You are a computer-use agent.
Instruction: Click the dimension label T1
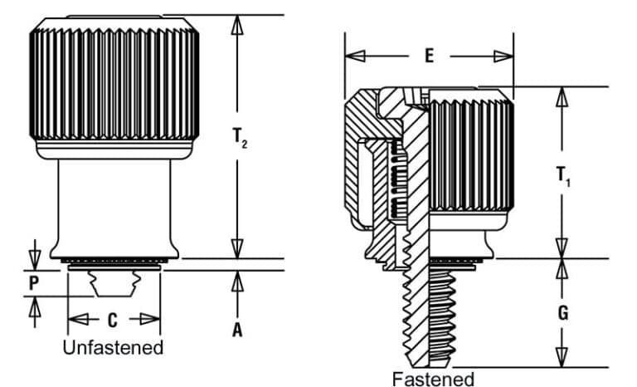[x=563, y=176]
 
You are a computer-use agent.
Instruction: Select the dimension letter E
[x=429, y=56]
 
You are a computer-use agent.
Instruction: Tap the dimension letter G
[x=563, y=313]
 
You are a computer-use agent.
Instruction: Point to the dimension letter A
[x=238, y=330]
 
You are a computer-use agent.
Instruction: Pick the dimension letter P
[x=33, y=282]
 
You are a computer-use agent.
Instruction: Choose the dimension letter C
[x=113, y=319]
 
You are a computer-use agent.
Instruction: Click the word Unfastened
[x=113, y=347]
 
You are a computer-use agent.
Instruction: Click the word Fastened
[x=433, y=379]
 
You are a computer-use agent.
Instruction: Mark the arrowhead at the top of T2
[x=238, y=24]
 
